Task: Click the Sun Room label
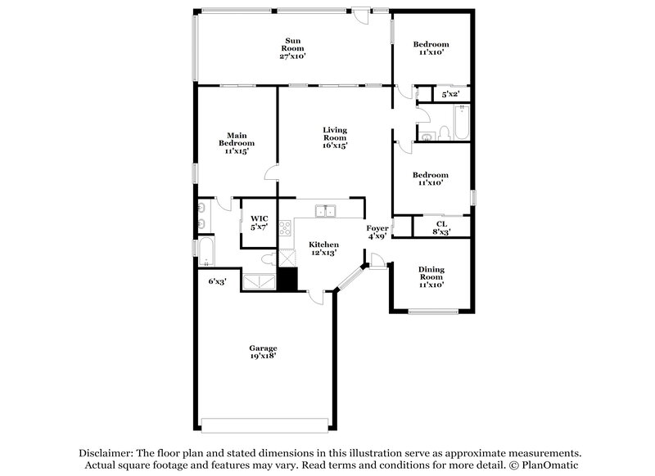coord(292,48)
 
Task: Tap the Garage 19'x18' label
coord(263,352)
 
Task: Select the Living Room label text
coord(335,137)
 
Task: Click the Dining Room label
coord(431,277)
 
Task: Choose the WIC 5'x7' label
coord(260,223)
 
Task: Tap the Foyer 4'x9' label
coord(377,232)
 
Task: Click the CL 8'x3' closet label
coord(441,227)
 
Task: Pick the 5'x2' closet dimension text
coord(450,95)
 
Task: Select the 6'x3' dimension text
coord(217,281)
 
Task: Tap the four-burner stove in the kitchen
coord(286,228)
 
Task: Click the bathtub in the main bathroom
coord(206,254)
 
